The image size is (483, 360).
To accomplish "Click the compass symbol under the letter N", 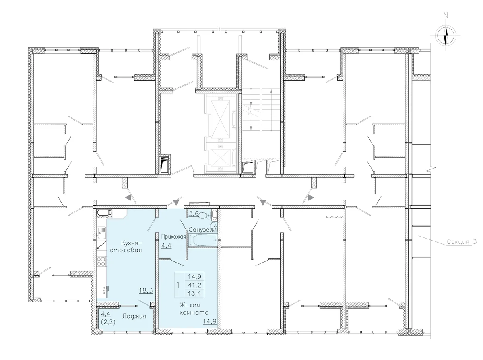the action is click(446, 35).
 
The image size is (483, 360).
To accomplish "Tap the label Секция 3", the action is click(462, 242).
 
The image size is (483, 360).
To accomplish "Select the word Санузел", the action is click(200, 230).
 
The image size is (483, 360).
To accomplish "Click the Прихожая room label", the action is click(173, 237).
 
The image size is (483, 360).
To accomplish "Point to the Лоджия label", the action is click(134, 317).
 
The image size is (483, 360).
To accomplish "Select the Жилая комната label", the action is click(194, 309).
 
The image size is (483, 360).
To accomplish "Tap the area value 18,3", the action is click(146, 290).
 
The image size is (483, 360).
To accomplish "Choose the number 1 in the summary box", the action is click(178, 285).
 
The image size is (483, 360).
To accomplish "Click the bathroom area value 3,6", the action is click(194, 214).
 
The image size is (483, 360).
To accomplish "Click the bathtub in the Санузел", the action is click(203, 240).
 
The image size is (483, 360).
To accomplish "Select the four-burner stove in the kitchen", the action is click(101, 262).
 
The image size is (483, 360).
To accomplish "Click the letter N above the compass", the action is click(446, 15).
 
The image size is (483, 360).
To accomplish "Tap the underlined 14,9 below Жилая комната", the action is click(210, 321).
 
